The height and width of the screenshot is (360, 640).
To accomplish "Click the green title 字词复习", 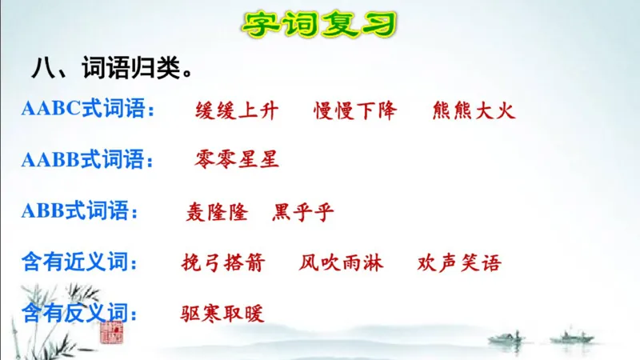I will (x=319, y=24).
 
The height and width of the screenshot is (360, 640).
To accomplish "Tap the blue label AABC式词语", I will (x=87, y=110).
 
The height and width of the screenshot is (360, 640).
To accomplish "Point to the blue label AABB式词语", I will (x=87, y=160).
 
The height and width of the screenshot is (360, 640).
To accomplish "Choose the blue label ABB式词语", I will (x=79, y=212).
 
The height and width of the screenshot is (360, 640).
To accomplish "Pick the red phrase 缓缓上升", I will (x=237, y=110).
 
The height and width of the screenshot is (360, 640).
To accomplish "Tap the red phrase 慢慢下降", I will (x=354, y=110).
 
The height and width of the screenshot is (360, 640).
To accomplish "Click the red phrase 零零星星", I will (x=237, y=160).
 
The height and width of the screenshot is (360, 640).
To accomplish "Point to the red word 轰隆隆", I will (x=217, y=212).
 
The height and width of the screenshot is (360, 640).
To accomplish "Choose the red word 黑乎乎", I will (x=303, y=212).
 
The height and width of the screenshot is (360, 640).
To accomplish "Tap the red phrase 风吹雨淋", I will (x=342, y=262).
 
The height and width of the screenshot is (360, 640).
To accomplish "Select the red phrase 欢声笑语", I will (x=459, y=262).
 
